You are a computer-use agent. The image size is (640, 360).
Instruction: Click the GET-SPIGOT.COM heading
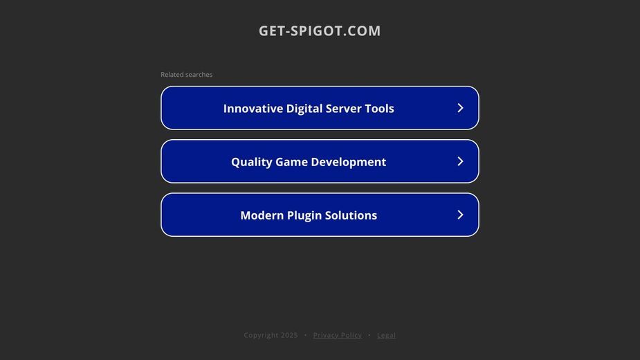tap(320, 30)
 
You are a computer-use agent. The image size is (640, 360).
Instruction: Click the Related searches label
tap(187, 74)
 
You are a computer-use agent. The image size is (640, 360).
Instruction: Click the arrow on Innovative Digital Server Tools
tap(460, 108)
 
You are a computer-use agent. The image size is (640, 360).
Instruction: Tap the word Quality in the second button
tap(252, 162)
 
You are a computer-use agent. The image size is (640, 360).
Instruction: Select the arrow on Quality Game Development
tap(460, 161)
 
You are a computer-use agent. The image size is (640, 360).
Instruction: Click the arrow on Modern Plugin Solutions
tap(460, 215)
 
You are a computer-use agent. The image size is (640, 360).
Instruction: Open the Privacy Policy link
tap(338, 335)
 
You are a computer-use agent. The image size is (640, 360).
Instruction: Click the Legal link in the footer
tap(386, 335)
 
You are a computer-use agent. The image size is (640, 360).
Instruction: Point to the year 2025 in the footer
tap(289, 335)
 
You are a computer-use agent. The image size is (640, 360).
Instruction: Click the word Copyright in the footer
tap(261, 335)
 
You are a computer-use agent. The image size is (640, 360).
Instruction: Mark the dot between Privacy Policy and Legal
tap(369, 335)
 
